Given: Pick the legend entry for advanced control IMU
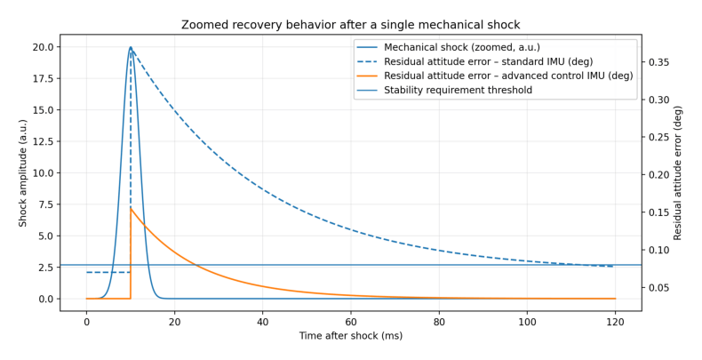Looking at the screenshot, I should point(508,76).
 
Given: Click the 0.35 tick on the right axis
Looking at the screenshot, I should point(658,62).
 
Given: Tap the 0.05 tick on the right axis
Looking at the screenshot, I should point(658,287).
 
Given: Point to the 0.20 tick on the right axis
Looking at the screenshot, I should point(658,175).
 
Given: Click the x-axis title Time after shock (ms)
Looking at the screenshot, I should point(350,336).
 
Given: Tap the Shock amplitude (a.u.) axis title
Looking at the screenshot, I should point(24,172).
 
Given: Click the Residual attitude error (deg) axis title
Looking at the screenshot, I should point(678,172).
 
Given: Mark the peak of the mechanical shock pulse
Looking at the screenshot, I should point(131,47).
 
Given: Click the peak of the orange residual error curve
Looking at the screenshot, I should point(132,208).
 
